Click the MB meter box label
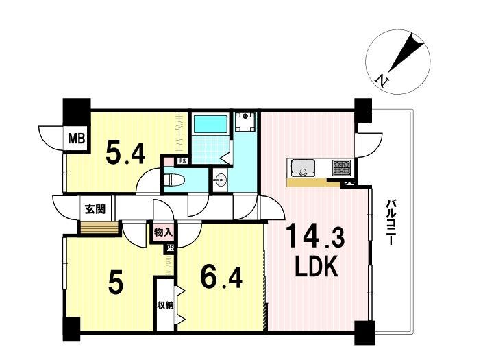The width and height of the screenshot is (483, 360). click(x=77, y=139)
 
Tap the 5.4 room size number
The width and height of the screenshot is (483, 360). click(x=125, y=152)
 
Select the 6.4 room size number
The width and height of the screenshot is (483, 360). click(x=221, y=277)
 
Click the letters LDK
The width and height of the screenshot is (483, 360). click(x=317, y=267)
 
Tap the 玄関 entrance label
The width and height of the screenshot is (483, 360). click(x=95, y=209)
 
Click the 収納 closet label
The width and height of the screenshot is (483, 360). click(x=164, y=305)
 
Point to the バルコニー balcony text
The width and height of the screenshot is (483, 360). click(x=391, y=222)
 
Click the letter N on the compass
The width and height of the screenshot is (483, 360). click(x=382, y=81)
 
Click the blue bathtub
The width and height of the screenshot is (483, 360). click(x=210, y=124)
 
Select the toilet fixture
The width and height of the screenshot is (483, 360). click(x=174, y=180)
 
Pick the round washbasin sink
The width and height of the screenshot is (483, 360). click(x=221, y=178)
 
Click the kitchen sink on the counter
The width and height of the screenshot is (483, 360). click(x=303, y=168)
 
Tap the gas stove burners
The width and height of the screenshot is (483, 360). click(x=341, y=167)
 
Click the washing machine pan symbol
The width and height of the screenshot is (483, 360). click(x=245, y=122)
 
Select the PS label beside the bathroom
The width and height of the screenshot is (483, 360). click(x=182, y=160)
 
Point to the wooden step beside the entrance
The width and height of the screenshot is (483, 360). click(x=99, y=228)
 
